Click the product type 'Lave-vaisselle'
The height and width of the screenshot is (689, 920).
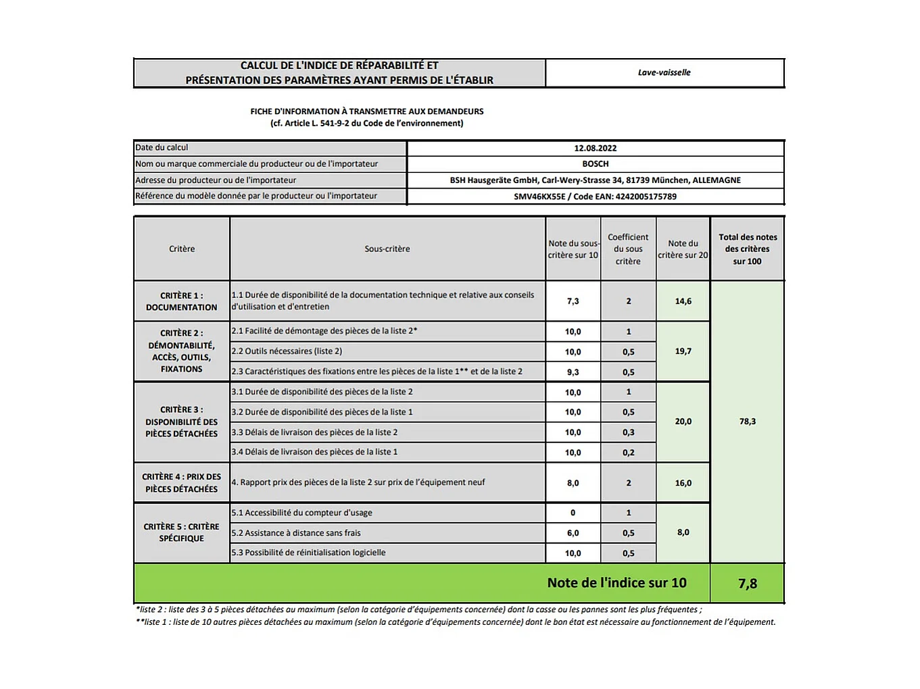pos(664,73)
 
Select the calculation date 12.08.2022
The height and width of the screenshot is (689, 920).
pos(595,149)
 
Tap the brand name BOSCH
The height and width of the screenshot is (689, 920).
pos(595,164)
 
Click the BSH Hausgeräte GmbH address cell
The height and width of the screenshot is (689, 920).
pos(595,180)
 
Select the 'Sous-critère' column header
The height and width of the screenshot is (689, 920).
pos(387,249)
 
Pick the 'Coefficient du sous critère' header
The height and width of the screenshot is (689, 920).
pos(628,249)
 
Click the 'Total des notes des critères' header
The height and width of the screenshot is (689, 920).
pos(747,249)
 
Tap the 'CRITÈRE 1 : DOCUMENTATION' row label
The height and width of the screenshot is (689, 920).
pos(181,301)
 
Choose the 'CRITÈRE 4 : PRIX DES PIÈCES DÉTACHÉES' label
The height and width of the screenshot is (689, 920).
pos(181,483)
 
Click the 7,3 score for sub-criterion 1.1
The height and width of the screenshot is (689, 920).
pos(573,301)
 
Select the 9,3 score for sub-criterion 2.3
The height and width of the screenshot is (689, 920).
pos(573,372)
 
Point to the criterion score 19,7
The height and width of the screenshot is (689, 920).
pos(683,351)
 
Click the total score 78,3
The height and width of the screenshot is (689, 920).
pos(747,422)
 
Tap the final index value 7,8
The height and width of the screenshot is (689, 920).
pos(747,584)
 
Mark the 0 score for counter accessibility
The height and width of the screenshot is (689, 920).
pos(573,513)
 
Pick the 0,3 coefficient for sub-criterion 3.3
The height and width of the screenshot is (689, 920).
pos(628,432)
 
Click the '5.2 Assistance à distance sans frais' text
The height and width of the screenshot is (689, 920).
pos(296,533)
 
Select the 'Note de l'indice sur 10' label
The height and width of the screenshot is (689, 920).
pos(616,583)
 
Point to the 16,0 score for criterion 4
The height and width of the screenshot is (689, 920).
pos(683,483)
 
